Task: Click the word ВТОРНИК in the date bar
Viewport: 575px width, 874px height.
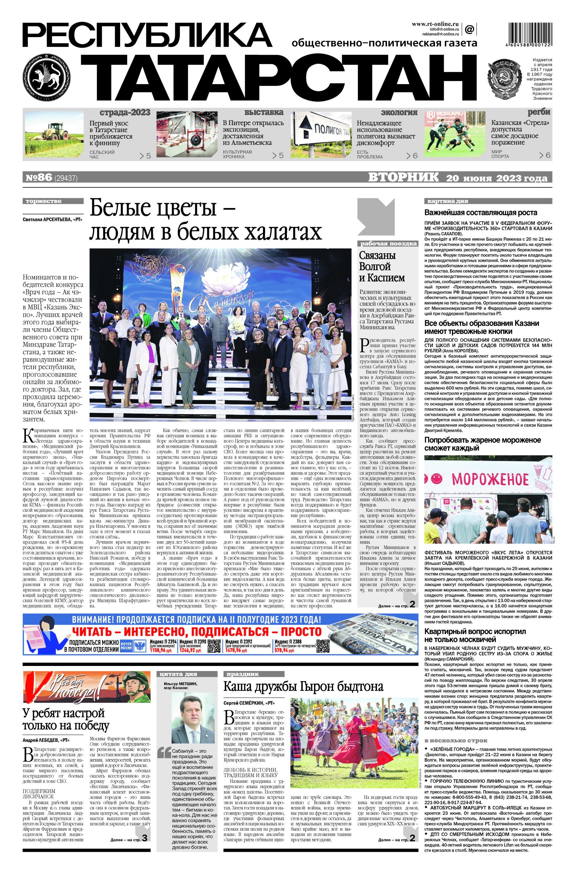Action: [x=403, y=177]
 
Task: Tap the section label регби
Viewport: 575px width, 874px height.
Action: [x=539, y=112]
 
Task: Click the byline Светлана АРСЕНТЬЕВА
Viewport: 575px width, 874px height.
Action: [x=52, y=219]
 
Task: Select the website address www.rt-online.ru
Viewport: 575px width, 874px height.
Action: [x=435, y=24]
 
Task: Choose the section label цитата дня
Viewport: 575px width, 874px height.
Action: [x=178, y=674]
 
